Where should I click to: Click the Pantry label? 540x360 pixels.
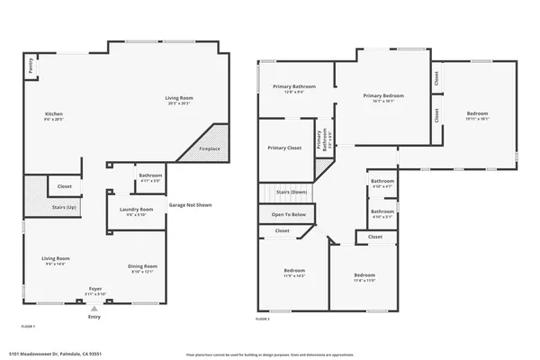pyautogui.click(x=30, y=66)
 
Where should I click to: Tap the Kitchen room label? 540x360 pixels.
pyautogui.click(x=54, y=114)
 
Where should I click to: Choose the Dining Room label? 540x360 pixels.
pyautogui.click(x=142, y=266)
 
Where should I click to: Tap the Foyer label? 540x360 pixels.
pyautogui.click(x=94, y=291)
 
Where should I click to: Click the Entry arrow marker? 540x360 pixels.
pyautogui.click(x=94, y=309)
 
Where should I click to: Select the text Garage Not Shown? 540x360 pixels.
pyautogui.click(x=190, y=205)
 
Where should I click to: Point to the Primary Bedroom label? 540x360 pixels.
pyautogui.click(x=383, y=95)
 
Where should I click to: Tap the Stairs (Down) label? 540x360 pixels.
pyautogui.click(x=292, y=192)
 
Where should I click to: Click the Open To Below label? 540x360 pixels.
pyautogui.click(x=288, y=214)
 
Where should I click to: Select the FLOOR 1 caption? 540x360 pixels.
pyautogui.click(x=29, y=324)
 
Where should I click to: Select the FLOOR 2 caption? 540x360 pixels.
pyautogui.click(x=262, y=319)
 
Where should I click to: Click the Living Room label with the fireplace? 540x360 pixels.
pyautogui.click(x=178, y=98)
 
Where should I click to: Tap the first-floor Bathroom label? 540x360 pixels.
pyautogui.click(x=150, y=176)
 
